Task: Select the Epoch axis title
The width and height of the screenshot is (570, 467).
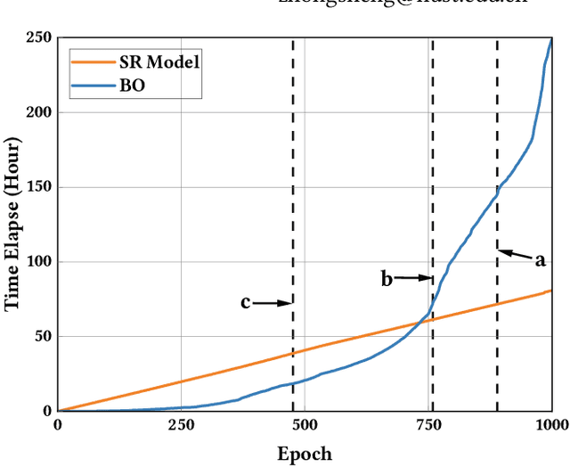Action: (x=305, y=453)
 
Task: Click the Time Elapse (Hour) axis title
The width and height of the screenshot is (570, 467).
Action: (x=12, y=225)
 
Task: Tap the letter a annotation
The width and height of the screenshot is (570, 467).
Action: (x=539, y=260)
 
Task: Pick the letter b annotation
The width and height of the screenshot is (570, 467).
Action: (x=387, y=279)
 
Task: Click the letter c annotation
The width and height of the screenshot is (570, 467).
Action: (x=245, y=303)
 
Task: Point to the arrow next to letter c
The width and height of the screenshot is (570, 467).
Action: (x=273, y=303)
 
